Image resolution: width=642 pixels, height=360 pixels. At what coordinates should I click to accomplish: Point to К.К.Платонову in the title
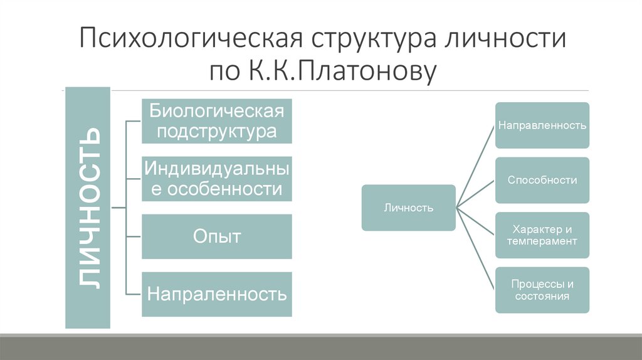[x=336, y=71]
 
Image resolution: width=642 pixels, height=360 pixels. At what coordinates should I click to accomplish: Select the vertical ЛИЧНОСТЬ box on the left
[x=88, y=208]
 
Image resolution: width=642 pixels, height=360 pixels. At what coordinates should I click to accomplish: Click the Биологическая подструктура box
[x=216, y=122]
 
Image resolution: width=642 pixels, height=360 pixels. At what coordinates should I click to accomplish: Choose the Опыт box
[x=216, y=236]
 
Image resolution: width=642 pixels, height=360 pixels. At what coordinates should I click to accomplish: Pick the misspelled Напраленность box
[x=216, y=294]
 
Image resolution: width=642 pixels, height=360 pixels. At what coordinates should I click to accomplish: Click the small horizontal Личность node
[x=408, y=208]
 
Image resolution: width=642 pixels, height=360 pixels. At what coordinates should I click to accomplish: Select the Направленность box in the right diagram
[x=542, y=125]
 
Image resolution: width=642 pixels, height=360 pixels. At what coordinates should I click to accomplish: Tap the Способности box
[x=542, y=180]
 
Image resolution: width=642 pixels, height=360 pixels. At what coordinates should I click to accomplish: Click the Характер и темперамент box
[x=542, y=235]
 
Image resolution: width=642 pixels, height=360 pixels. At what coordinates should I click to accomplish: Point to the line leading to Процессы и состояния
[x=475, y=248]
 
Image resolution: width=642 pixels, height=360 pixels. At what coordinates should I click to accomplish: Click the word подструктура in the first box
[x=216, y=132]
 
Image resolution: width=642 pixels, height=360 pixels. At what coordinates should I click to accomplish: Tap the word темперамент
[x=542, y=241]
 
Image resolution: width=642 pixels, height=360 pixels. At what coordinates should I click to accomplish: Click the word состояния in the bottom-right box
[x=542, y=296]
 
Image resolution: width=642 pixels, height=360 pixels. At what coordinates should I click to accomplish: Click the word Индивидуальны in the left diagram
[x=216, y=167]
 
